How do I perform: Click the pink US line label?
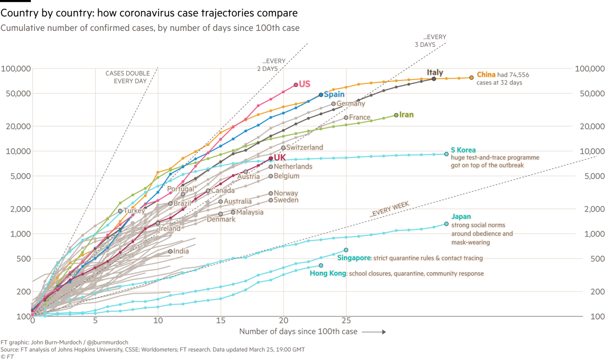point(304,84)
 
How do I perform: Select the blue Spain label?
point(333,94)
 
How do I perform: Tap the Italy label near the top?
point(435,73)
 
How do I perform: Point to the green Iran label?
point(407,115)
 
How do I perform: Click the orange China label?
point(486,75)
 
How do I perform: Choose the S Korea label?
point(463,150)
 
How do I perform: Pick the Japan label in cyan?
point(461,217)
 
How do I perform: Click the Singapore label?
point(354,258)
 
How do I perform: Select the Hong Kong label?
point(328,273)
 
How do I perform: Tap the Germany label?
point(351,104)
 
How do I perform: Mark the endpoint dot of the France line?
point(346,118)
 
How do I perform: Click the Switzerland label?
point(304,147)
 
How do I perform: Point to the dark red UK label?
point(280,158)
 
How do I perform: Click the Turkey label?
point(134,211)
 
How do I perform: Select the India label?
point(181,251)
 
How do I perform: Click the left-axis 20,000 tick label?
point(16,126)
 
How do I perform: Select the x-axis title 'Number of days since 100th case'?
point(298,332)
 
